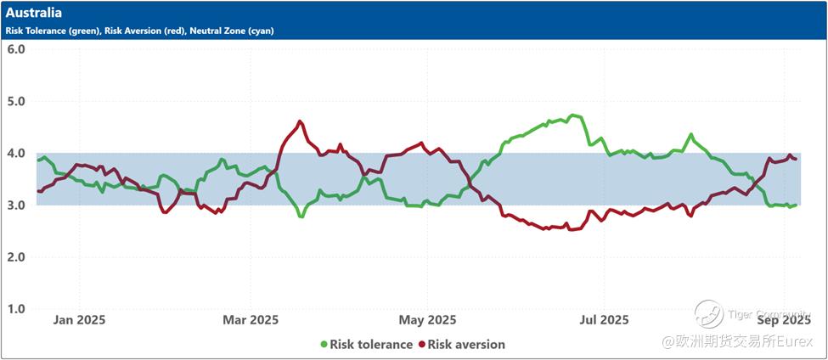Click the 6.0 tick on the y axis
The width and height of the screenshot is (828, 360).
(16, 48)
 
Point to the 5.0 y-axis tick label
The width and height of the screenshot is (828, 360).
(16, 101)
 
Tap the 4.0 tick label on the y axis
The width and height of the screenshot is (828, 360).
(16, 153)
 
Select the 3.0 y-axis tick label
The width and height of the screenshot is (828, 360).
(16, 205)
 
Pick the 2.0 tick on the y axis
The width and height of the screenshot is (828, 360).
(16, 256)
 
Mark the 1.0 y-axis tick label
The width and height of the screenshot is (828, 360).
(16, 308)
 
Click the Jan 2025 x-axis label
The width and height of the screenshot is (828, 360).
(79, 320)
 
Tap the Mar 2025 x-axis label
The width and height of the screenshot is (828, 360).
(251, 320)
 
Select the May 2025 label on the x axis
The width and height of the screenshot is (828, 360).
(427, 320)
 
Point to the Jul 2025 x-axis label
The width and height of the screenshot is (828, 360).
(603, 320)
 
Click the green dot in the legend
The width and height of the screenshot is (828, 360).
(324, 345)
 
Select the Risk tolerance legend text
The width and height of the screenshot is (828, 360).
(370, 345)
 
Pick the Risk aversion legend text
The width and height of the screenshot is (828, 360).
(466, 345)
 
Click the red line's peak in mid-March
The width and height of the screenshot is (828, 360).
(300, 121)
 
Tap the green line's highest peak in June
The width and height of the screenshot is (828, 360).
(575, 115)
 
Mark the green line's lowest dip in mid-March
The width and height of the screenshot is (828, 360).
(301, 217)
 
